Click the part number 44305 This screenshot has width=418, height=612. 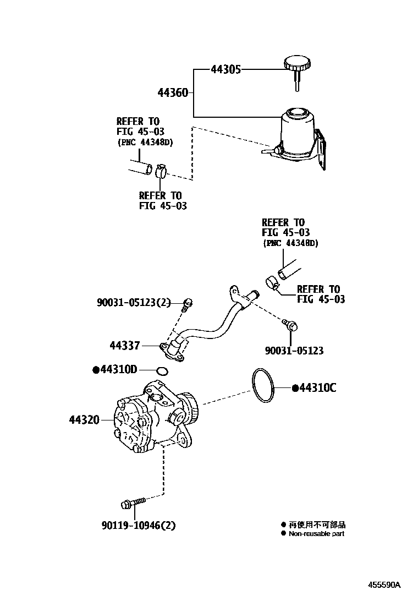[226, 70]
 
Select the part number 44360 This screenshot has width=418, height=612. [173, 93]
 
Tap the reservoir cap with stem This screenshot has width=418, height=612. [296, 69]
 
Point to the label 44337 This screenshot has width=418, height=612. [124, 346]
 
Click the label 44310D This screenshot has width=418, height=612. [119, 369]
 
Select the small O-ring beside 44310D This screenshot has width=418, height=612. [161, 370]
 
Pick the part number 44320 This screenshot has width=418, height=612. [84, 420]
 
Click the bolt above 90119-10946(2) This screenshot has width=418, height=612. [131, 502]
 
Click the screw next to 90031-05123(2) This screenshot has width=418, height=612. [189, 302]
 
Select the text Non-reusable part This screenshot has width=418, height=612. [316, 534]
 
